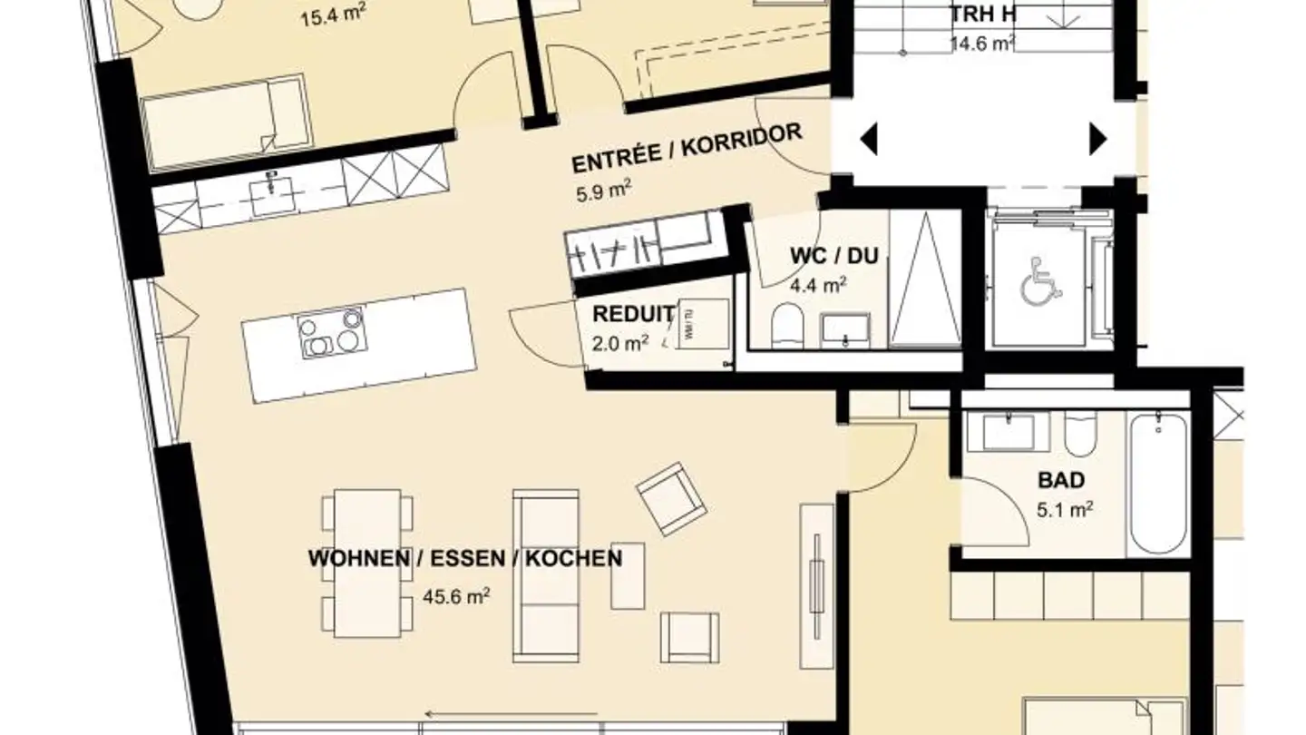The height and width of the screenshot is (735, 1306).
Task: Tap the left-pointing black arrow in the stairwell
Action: click(868, 140)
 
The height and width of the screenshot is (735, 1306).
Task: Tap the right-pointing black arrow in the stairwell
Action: click(1098, 140)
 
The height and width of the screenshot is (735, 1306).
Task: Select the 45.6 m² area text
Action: click(456, 596)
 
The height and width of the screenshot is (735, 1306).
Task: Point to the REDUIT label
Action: click(633, 315)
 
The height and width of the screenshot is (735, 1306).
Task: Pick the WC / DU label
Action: click(833, 256)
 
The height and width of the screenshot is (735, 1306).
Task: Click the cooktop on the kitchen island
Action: click(331, 332)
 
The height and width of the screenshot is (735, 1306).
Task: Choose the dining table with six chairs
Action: click(367, 563)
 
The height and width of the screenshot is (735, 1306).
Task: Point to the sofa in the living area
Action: click(546, 575)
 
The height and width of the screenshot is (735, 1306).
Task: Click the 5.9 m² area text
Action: click(603, 192)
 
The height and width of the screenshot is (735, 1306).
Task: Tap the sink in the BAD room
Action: click(1009, 431)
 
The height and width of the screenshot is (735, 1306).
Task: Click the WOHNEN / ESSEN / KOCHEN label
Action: click(465, 558)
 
